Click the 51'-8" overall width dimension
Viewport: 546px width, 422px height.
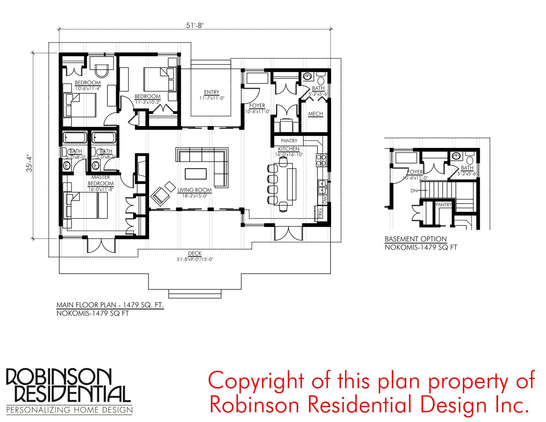195,26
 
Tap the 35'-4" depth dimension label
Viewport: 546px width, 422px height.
30,163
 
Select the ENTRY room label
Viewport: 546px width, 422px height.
212,92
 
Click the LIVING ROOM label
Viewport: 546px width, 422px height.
195,190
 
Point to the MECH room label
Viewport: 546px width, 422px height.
315,114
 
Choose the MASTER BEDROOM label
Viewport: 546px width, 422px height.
101,180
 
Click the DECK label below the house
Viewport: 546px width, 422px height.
195,253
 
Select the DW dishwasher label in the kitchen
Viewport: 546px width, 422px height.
326,200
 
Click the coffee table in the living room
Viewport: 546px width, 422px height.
196,174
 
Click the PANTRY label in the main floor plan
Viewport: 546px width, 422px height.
289,141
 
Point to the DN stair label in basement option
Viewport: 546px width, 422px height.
414,191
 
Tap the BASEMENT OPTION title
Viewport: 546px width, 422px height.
416,239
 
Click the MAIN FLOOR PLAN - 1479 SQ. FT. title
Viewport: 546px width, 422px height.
110,305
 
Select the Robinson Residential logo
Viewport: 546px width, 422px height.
68,392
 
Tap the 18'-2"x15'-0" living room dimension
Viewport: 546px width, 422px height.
195,196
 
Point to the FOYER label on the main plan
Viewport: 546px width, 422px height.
257,105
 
